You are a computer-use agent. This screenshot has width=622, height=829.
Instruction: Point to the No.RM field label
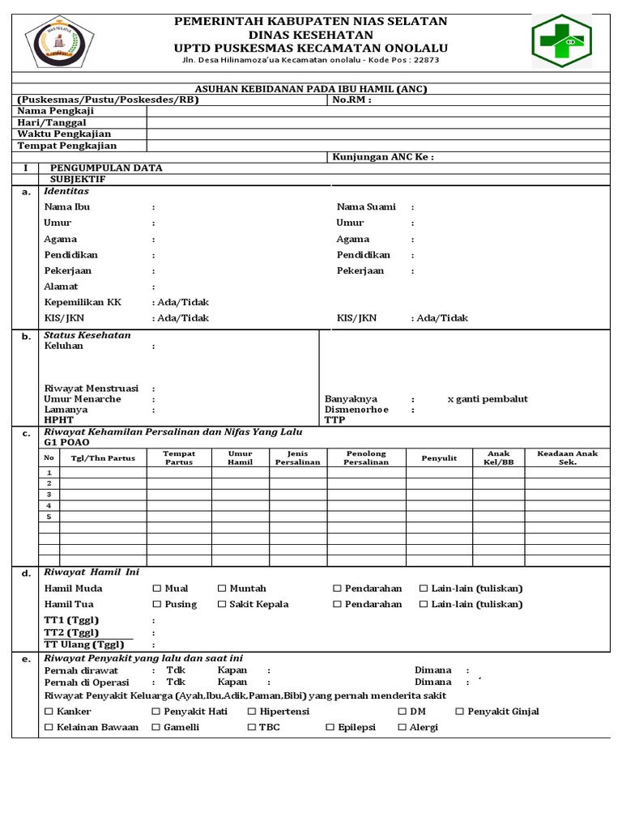(x=351, y=100)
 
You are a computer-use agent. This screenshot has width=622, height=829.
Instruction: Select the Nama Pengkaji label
(x=54, y=110)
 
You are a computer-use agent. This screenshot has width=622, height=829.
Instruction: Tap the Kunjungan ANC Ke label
(x=382, y=157)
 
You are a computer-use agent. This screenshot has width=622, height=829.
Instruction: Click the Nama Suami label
(x=366, y=207)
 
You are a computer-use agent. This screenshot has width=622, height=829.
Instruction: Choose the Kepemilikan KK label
(x=82, y=302)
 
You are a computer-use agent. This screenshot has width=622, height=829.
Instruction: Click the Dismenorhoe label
(x=356, y=410)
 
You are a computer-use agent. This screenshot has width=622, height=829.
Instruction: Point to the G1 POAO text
(x=67, y=444)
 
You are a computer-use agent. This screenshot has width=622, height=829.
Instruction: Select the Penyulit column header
(x=439, y=458)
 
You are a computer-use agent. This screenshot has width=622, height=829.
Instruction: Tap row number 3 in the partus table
(x=49, y=494)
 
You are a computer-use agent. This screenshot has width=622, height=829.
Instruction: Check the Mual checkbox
(x=158, y=589)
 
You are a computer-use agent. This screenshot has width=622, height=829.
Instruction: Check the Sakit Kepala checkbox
(x=223, y=605)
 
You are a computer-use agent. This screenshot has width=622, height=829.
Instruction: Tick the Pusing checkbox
(x=158, y=605)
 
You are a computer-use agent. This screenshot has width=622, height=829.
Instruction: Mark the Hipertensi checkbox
(x=252, y=712)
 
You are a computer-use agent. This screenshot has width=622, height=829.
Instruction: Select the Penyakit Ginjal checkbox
(x=460, y=712)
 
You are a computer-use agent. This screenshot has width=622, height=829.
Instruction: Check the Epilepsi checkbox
(x=330, y=728)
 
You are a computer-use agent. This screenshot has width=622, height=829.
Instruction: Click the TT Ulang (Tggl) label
(x=83, y=644)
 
